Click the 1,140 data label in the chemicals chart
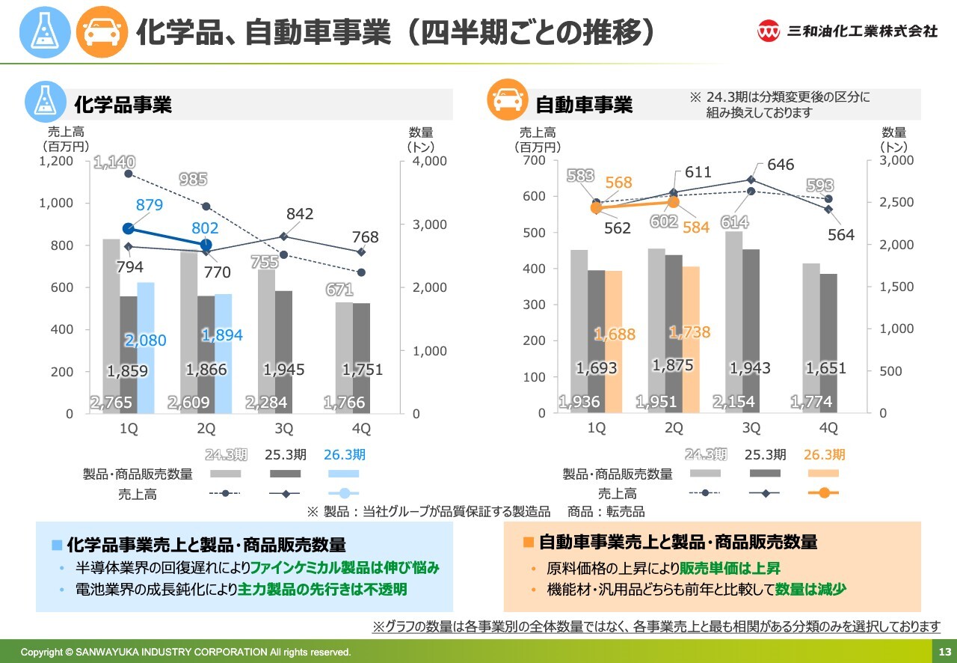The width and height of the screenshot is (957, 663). [114, 162]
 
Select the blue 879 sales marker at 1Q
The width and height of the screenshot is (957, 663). [128, 229]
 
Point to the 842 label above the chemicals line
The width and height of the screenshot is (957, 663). [299, 215]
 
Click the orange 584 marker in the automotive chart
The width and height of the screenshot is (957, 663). [674, 201]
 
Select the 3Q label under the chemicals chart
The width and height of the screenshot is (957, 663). [284, 429]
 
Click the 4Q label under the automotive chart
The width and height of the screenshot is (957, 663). [828, 428]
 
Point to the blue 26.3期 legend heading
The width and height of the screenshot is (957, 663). [344, 455]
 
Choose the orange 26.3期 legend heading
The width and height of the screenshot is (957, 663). [824, 455]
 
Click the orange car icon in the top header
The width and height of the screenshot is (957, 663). [102, 31]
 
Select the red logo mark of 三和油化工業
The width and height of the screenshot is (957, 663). [769, 31]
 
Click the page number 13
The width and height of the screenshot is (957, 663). [944, 651]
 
